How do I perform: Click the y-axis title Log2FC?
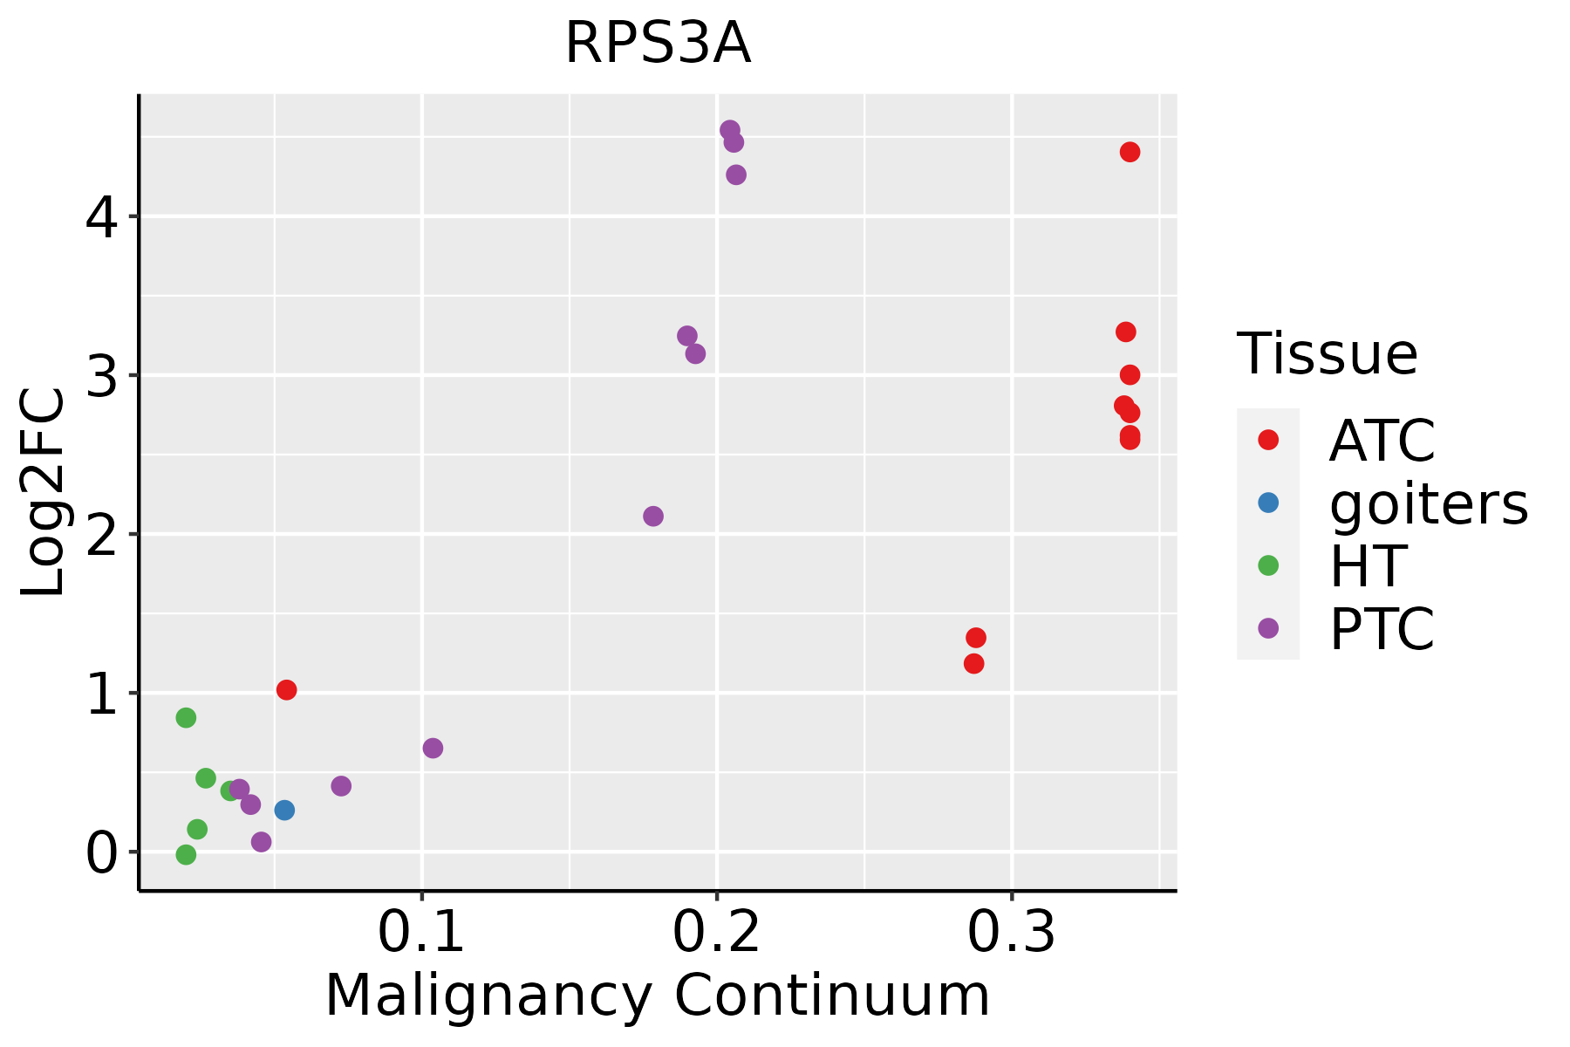pyautogui.click(x=44, y=493)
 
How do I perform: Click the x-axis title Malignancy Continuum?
pyautogui.click(x=658, y=996)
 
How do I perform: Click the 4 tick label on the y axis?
pyautogui.click(x=101, y=217)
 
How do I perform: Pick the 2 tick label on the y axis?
pyautogui.click(x=101, y=535)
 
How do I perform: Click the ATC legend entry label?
pyautogui.click(x=1382, y=441)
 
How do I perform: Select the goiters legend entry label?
pyautogui.click(x=1429, y=503)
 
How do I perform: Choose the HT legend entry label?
pyautogui.click(x=1368, y=566)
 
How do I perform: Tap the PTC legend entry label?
pyautogui.click(x=1382, y=629)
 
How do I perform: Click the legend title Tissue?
pyautogui.click(x=1328, y=354)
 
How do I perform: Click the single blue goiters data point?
pyautogui.click(x=284, y=810)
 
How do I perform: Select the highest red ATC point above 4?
pyautogui.click(x=1130, y=153)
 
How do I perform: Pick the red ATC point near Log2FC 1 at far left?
pyautogui.click(x=286, y=690)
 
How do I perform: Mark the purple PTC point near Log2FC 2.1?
pyautogui.click(x=653, y=517)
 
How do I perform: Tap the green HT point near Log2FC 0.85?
pyautogui.click(x=186, y=717)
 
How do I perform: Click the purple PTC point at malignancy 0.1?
pyautogui.click(x=433, y=748)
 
